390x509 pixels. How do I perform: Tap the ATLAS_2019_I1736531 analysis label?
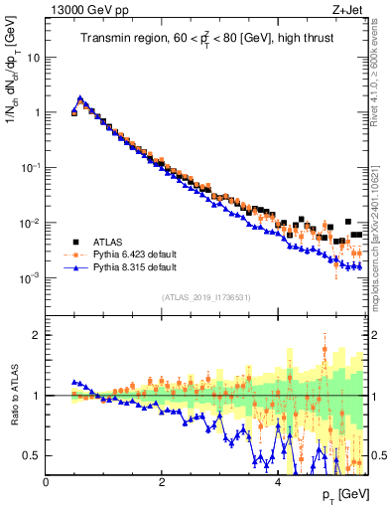tap(205, 297)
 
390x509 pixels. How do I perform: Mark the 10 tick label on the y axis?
tap(33, 57)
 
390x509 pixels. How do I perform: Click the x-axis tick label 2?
tap(162, 481)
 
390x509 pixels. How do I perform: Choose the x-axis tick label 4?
tap(278, 481)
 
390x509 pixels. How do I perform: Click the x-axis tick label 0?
tap(47, 481)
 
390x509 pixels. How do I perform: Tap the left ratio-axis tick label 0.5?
tap(32, 455)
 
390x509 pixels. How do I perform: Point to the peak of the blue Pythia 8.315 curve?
tap(80, 98)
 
